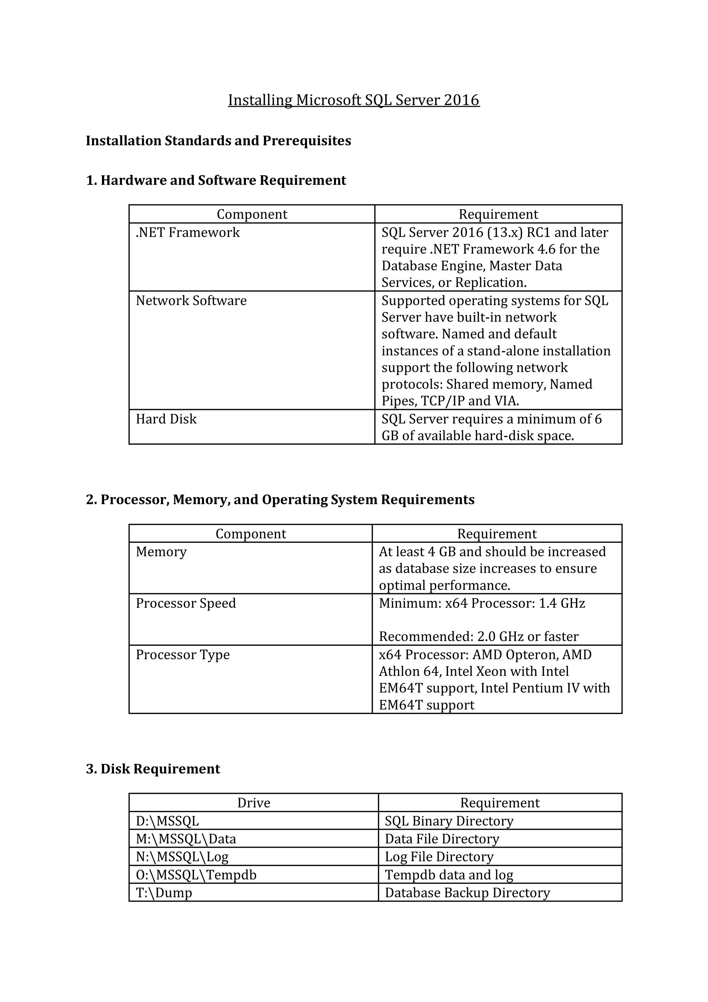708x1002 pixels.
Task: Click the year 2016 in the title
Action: [462, 100]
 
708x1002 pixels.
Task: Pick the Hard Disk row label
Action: [166, 419]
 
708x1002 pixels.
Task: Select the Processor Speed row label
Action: [186, 603]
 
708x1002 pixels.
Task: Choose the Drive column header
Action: [253, 802]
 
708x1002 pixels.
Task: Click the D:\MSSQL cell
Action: [167, 821]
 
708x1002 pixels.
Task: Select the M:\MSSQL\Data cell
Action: [186, 839]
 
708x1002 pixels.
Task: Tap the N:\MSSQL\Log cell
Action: [182, 857]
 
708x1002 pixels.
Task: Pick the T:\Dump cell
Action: [164, 892]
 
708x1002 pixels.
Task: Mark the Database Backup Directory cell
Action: [467, 892]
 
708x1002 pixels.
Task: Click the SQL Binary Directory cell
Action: [449, 821]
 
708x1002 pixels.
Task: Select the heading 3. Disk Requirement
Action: [153, 769]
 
